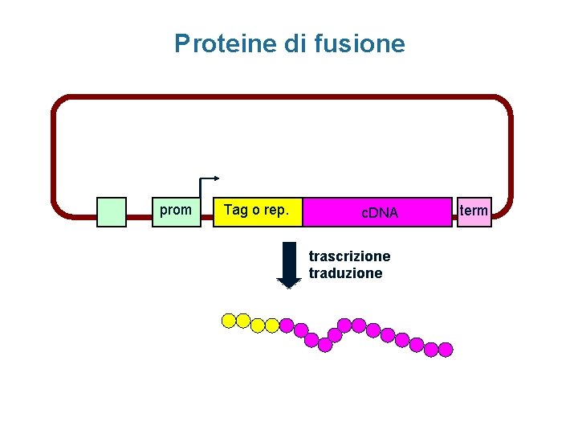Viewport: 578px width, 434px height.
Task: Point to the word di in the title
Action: [x=295, y=43]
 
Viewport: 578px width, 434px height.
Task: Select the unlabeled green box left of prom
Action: [x=112, y=212]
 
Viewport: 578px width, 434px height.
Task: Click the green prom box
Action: [x=177, y=211]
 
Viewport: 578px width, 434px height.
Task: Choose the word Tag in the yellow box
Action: [x=236, y=211]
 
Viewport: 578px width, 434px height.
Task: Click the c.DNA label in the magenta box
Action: [x=379, y=213]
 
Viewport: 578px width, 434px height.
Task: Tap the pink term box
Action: [x=474, y=211]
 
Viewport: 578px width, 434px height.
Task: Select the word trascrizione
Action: [x=349, y=256]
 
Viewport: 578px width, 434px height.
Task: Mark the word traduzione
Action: [x=346, y=273]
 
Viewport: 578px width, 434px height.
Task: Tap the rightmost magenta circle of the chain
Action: [x=446, y=350]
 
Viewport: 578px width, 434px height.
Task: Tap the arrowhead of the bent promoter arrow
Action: [x=217, y=178]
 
